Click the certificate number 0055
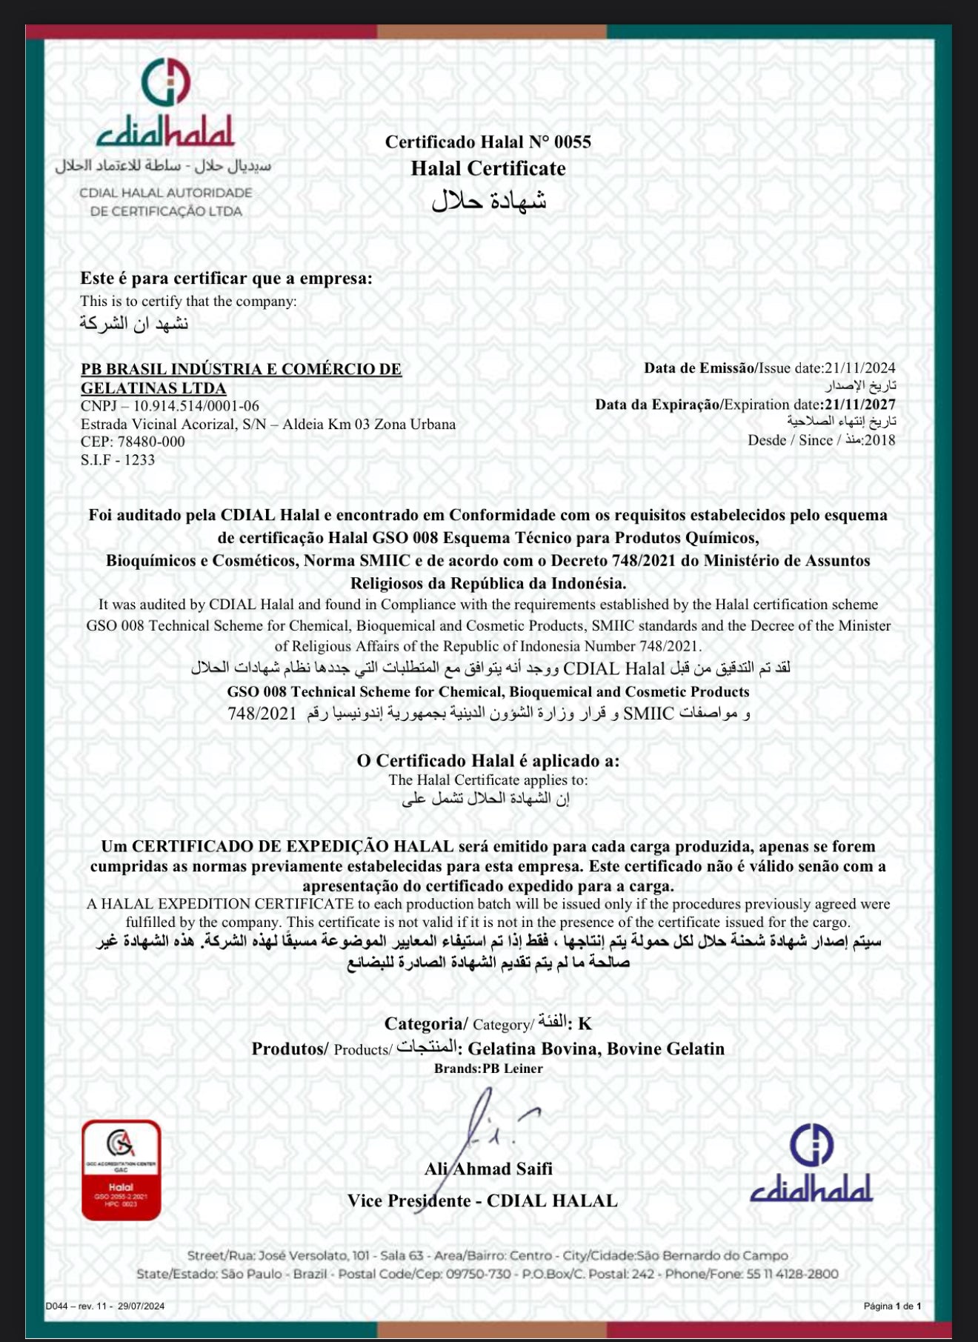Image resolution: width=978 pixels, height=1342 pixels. (x=572, y=142)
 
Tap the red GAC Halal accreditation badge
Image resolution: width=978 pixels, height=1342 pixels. (x=121, y=1169)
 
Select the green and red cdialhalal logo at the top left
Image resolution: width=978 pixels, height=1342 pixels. (x=166, y=104)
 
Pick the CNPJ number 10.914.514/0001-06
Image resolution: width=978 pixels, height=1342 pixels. (x=196, y=406)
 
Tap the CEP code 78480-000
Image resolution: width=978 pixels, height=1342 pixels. (x=151, y=442)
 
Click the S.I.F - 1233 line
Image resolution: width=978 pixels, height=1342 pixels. (x=118, y=459)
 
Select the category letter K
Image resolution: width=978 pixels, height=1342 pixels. (x=585, y=1024)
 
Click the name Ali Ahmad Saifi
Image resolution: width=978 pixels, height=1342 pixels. (x=488, y=1169)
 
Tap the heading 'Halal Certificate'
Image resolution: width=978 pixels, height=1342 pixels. (x=488, y=168)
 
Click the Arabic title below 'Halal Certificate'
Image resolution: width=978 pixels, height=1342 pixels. (x=488, y=200)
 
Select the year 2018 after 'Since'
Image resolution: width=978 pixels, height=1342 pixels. (x=879, y=440)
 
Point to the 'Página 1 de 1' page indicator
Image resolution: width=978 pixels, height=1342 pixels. (x=892, y=1306)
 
